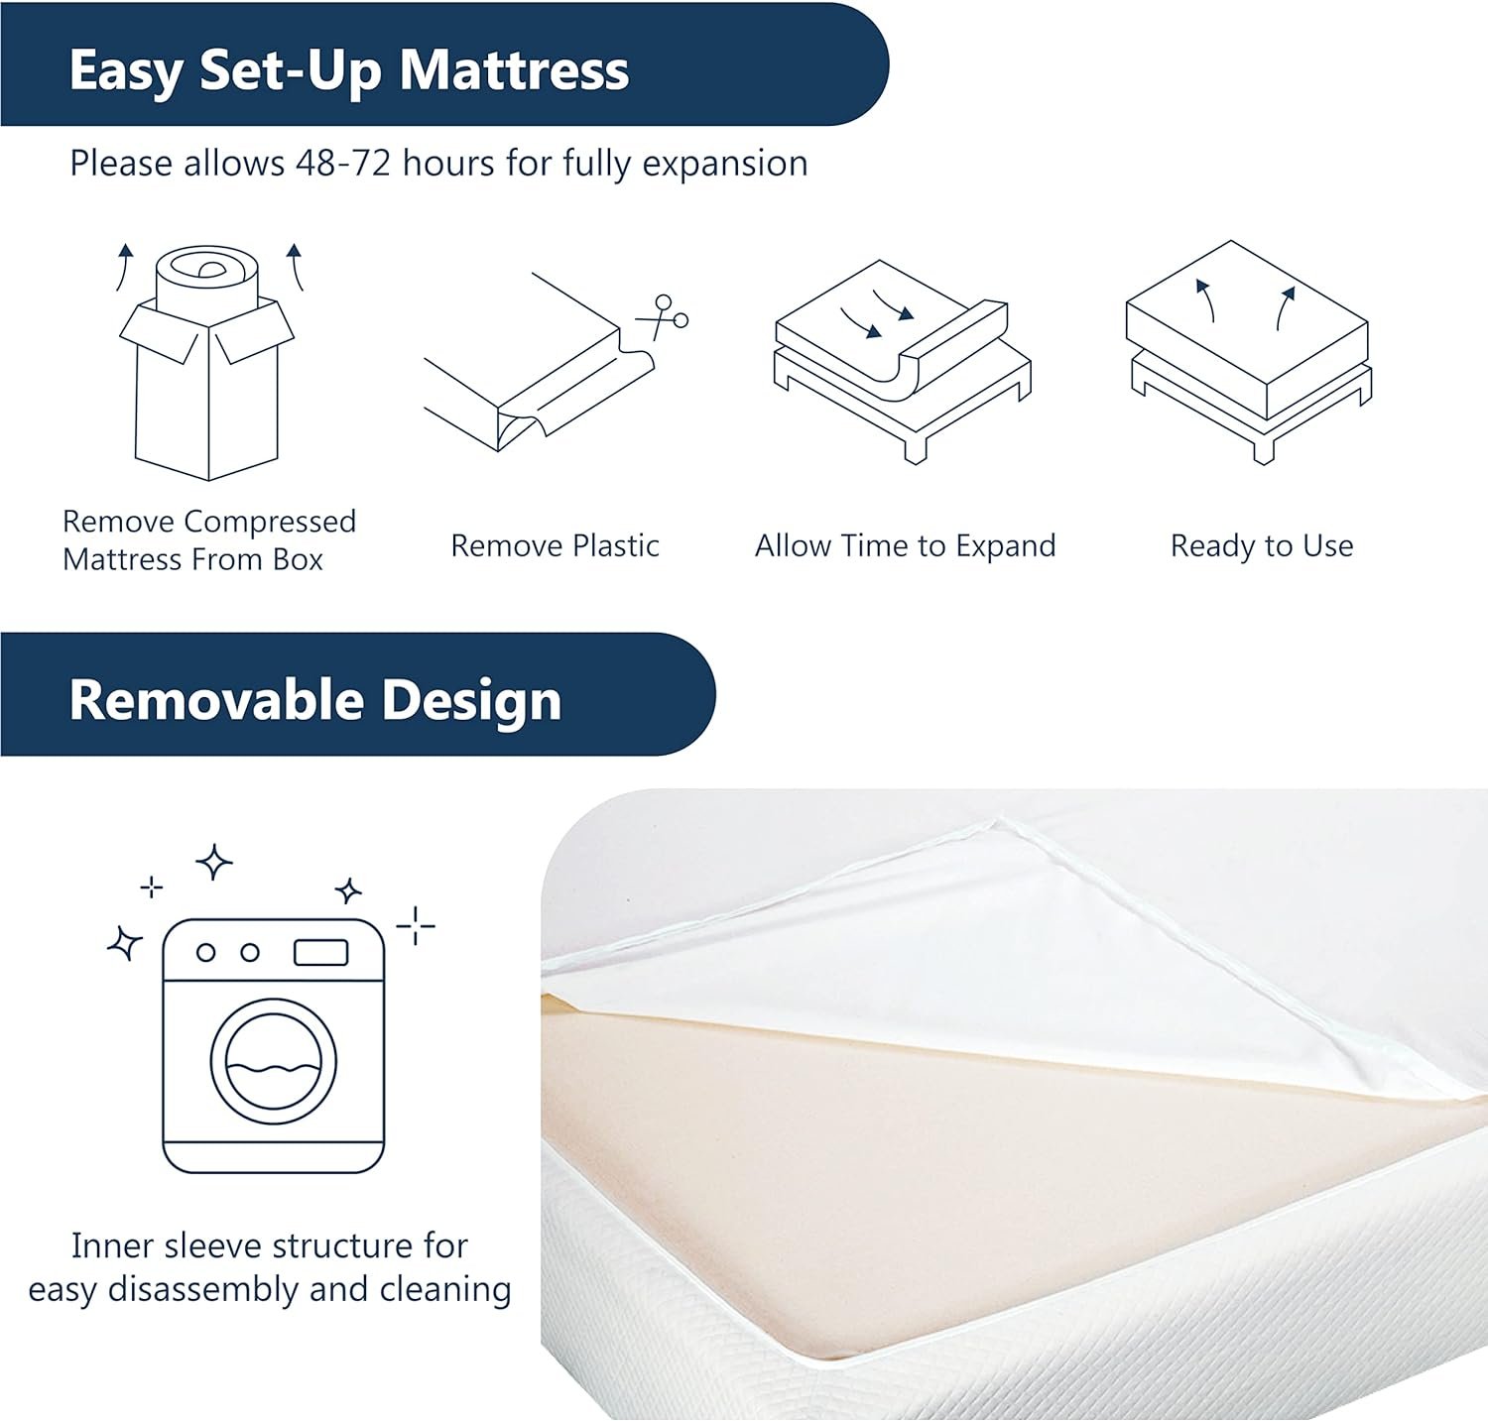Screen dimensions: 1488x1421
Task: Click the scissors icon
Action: point(663,316)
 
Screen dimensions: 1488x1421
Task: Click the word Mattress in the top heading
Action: point(514,70)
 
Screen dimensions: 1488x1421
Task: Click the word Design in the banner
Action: point(471,701)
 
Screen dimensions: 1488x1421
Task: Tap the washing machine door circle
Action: point(274,1061)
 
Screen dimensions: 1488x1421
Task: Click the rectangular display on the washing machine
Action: point(321,953)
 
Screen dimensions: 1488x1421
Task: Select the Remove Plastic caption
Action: point(555,545)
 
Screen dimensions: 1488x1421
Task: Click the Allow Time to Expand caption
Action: point(906,545)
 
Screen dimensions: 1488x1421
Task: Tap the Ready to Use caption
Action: point(1262,545)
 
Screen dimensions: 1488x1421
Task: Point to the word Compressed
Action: point(270,523)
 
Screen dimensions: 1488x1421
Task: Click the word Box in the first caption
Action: point(298,559)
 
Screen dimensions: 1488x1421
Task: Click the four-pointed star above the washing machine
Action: point(214,862)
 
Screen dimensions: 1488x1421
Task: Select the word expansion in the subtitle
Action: point(725,164)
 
